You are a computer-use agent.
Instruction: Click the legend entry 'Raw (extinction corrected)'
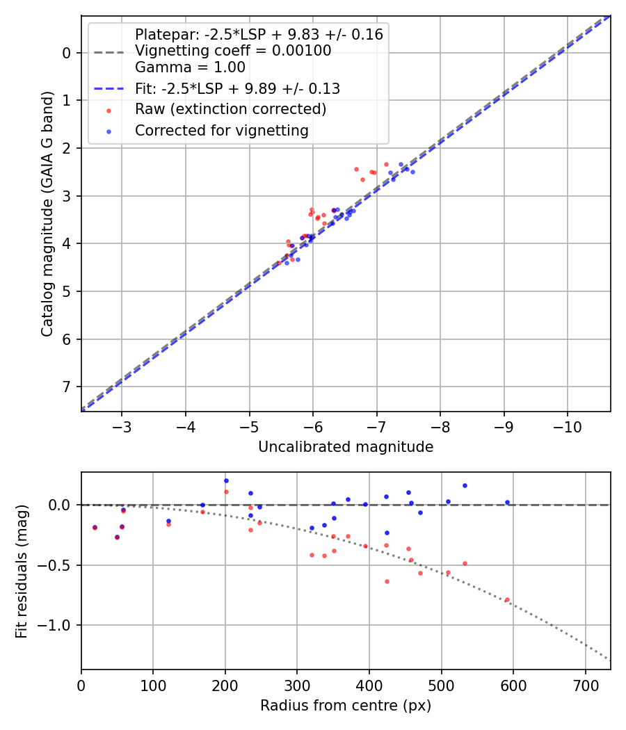tap(230, 109)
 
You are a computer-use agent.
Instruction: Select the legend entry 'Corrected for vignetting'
tap(221, 130)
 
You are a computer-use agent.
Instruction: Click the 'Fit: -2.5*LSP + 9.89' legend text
tap(237, 88)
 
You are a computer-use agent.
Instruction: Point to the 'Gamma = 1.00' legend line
tap(190, 67)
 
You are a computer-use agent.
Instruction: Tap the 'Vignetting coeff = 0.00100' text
tap(233, 51)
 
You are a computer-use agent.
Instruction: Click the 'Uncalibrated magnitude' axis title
tap(346, 447)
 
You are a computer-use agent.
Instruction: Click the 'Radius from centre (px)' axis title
tap(346, 706)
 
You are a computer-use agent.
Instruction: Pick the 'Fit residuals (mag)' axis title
tap(22, 571)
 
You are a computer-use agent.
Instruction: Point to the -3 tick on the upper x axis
tap(122, 424)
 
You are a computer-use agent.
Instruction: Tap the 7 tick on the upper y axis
tap(67, 387)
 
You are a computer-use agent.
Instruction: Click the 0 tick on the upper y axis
tap(67, 53)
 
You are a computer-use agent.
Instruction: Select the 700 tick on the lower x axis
tap(585, 683)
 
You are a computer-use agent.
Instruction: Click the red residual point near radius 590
tap(506, 599)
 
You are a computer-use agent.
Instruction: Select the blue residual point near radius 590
tap(506, 502)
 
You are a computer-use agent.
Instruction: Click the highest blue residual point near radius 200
tap(226, 480)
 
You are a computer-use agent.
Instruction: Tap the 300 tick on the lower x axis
tap(297, 683)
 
